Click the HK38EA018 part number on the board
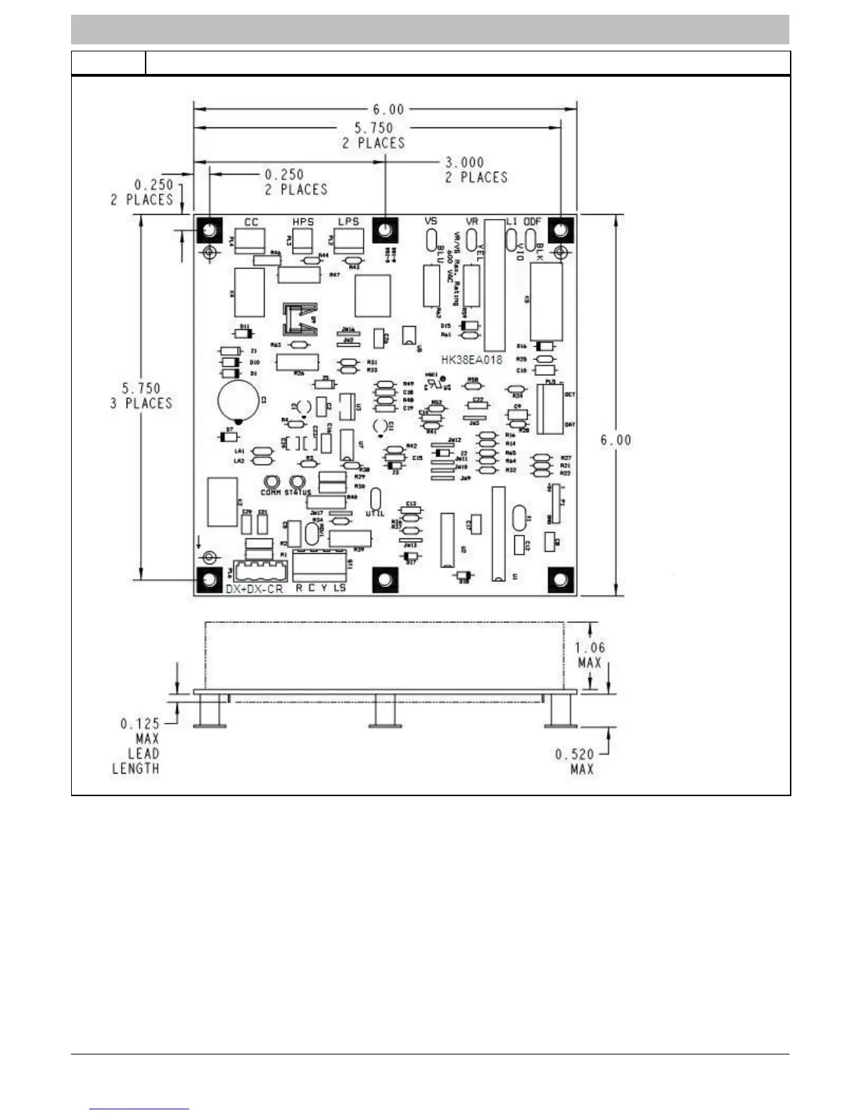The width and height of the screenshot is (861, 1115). [x=472, y=360]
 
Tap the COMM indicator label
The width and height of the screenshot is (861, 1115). [x=271, y=492]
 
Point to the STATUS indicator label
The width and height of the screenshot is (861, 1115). [x=298, y=492]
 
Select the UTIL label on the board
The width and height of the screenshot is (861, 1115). [x=375, y=514]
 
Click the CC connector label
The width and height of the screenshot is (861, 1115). [x=251, y=222]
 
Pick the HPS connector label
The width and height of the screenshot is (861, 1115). [x=303, y=222]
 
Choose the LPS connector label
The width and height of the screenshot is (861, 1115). [x=348, y=222]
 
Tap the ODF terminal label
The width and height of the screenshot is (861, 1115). [x=532, y=222]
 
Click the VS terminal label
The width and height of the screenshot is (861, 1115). [x=431, y=222]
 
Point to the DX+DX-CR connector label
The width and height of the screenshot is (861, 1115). [x=255, y=588]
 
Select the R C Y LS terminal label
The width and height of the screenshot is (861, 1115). [x=321, y=588]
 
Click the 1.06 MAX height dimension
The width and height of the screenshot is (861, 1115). [x=589, y=655]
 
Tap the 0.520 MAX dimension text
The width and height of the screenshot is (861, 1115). [x=574, y=762]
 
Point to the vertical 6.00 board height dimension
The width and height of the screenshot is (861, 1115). [x=616, y=440]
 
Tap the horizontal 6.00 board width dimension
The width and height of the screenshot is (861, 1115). [x=388, y=110]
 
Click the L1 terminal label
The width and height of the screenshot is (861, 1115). [x=512, y=222]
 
